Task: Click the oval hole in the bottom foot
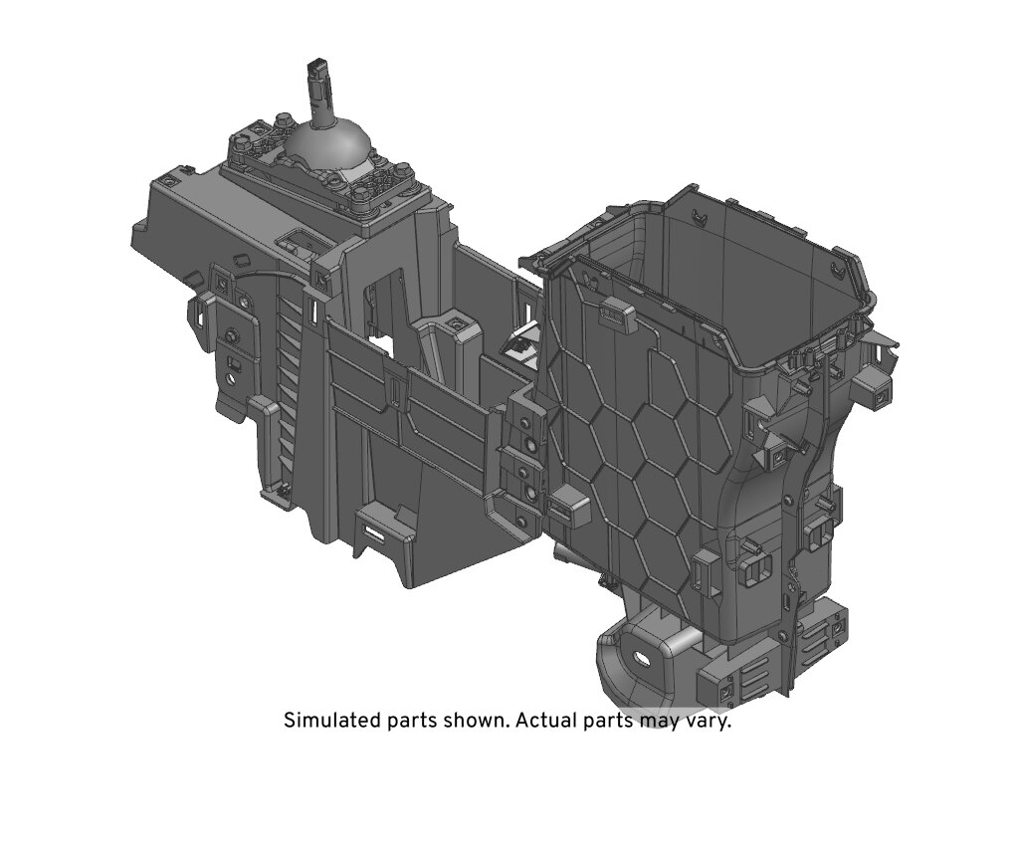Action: (x=642, y=658)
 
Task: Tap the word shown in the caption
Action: (x=479, y=721)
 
